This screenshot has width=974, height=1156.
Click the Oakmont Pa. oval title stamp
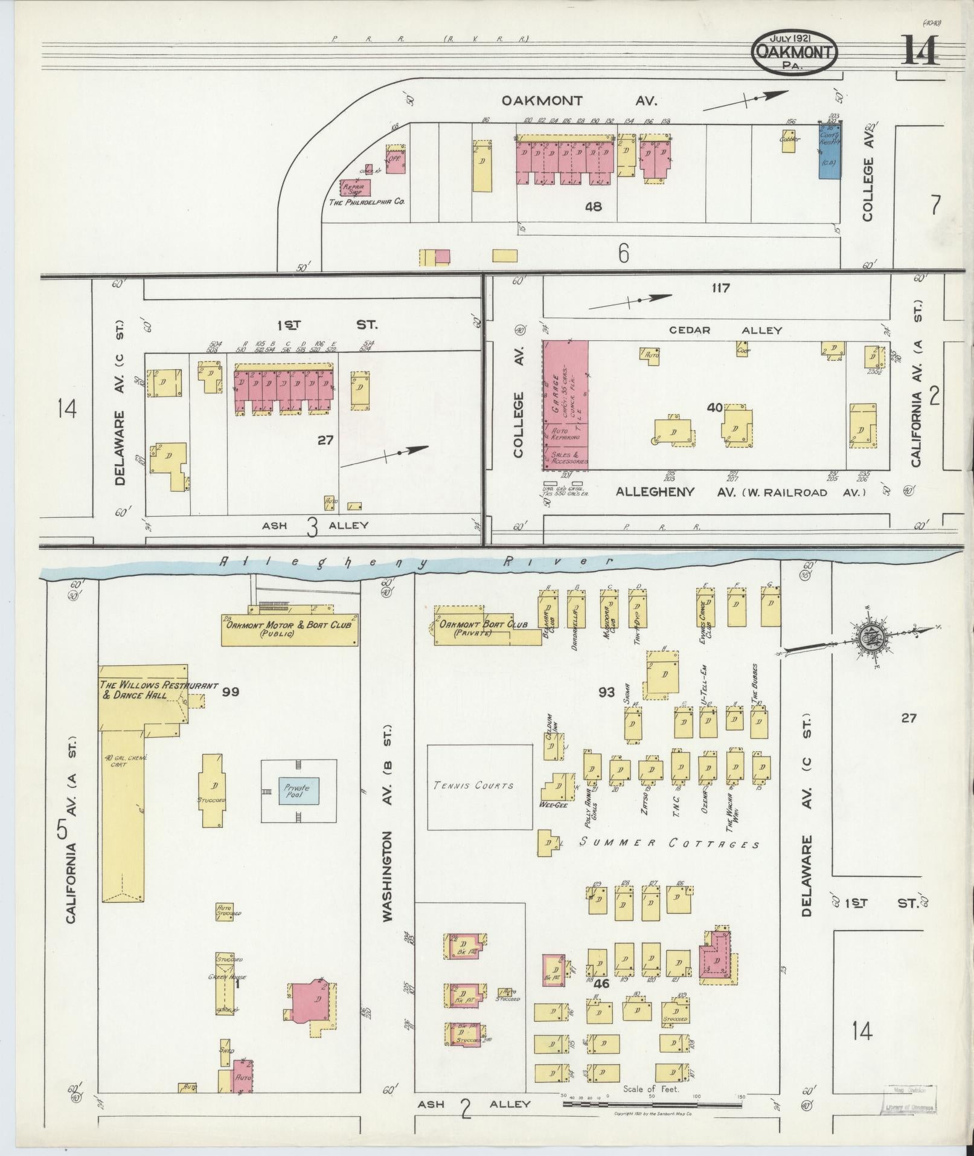pyautogui.click(x=795, y=53)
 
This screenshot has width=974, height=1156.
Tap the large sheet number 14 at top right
pyautogui.click(x=920, y=51)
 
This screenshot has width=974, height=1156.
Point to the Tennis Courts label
pyautogui.click(x=473, y=786)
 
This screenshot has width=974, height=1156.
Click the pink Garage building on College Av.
pyautogui.click(x=565, y=405)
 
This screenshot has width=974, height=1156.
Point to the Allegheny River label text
pyautogui.click(x=417, y=562)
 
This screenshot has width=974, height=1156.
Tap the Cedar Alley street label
pyautogui.click(x=725, y=331)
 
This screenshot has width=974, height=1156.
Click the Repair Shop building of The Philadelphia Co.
pyautogui.click(x=356, y=188)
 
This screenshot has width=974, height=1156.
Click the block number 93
pyautogui.click(x=606, y=692)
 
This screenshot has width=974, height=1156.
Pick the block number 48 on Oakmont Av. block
pyautogui.click(x=593, y=207)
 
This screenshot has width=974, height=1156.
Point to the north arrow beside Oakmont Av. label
pyautogui.click(x=746, y=100)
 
